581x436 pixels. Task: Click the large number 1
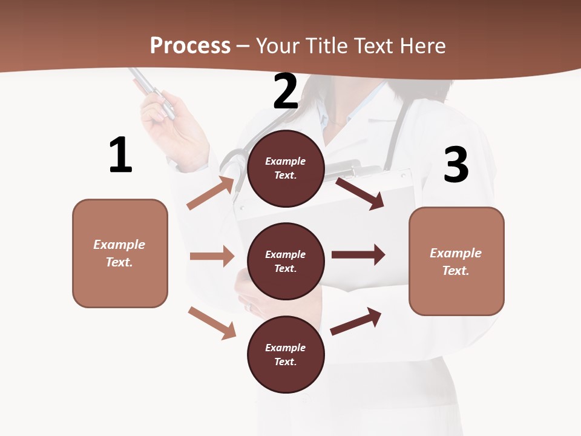click(x=120, y=156)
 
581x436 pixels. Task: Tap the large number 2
click(x=286, y=91)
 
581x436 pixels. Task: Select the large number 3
click(x=456, y=165)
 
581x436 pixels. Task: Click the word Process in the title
click(x=190, y=45)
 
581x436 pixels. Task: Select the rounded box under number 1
click(x=120, y=253)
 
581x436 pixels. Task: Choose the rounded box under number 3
click(x=456, y=261)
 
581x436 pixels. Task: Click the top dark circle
click(x=286, y=168)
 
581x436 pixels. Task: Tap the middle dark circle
click(x=286, y=261)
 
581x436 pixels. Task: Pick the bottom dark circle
click(x=286, y=354)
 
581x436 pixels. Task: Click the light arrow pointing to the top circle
click(x=211, y=193)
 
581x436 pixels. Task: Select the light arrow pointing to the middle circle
click(x=212, y=256)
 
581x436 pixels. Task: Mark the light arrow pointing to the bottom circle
click(x=212, y=323)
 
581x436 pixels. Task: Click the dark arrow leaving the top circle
click(x=360, y=193)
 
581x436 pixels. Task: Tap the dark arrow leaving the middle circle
click(x=358, y=255)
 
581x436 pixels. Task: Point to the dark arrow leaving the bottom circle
click(x=356, y=322)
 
